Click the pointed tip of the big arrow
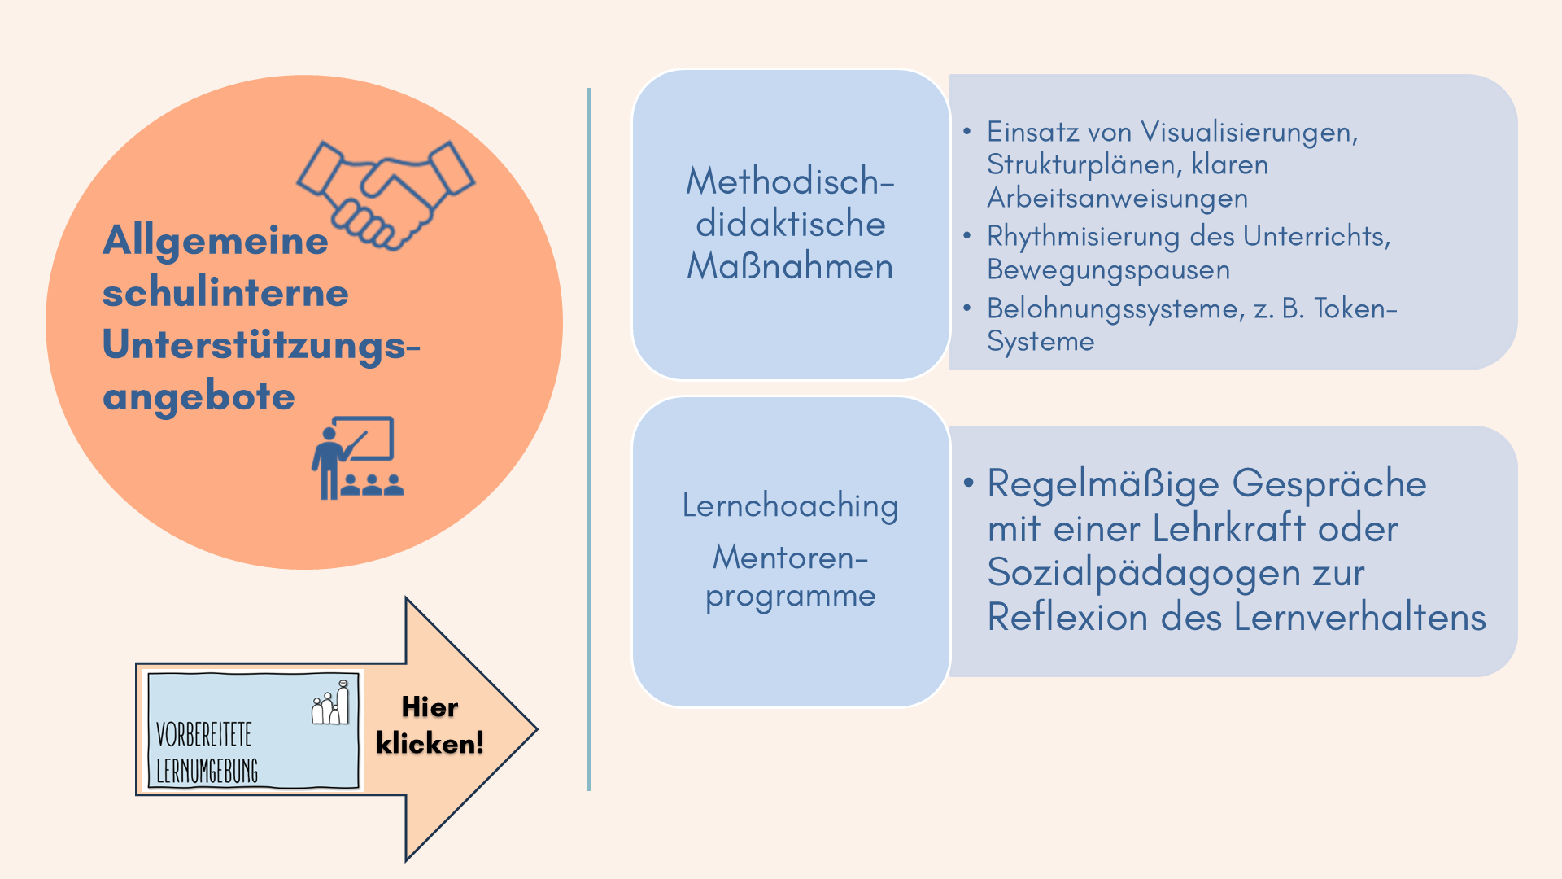click(x=537, y=729)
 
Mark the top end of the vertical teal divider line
click(x=588, y=89)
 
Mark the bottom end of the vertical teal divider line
click(x=588, y=789)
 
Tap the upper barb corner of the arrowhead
click(x=406, y=598)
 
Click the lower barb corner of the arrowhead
click(x=406, y=860)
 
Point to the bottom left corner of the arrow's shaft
click(x=137, y=794)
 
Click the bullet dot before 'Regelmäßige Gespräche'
click(x=968, y=483)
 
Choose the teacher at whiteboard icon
click(x=357, y=457)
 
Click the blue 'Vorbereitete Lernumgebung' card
click(x=252, y=730)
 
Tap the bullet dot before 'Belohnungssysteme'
click(x=966, y=308)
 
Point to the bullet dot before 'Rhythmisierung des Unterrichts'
click(x=966, y=236)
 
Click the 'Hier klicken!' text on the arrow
click(x=430, y=725)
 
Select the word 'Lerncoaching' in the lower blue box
click(x=790, y=506)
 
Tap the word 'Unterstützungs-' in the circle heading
click(x=261, y=344)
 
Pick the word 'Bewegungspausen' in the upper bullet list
click(x=1108, y=270)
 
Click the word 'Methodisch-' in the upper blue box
click(x=790, y=181)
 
